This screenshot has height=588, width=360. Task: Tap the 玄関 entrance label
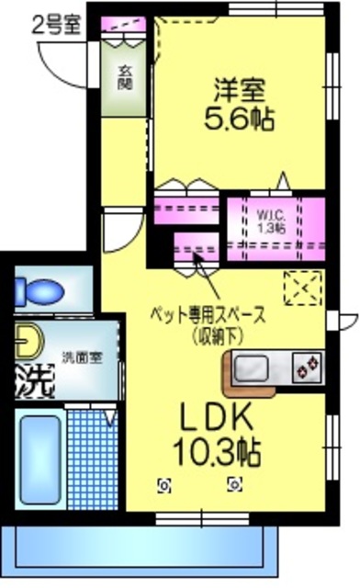click(x=123, y=79)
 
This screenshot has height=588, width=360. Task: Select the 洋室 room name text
click(x=240, y=92)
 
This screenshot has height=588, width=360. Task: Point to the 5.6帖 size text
click(x=241, y=119)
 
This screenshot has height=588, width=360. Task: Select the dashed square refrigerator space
click(x=303, y=290)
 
